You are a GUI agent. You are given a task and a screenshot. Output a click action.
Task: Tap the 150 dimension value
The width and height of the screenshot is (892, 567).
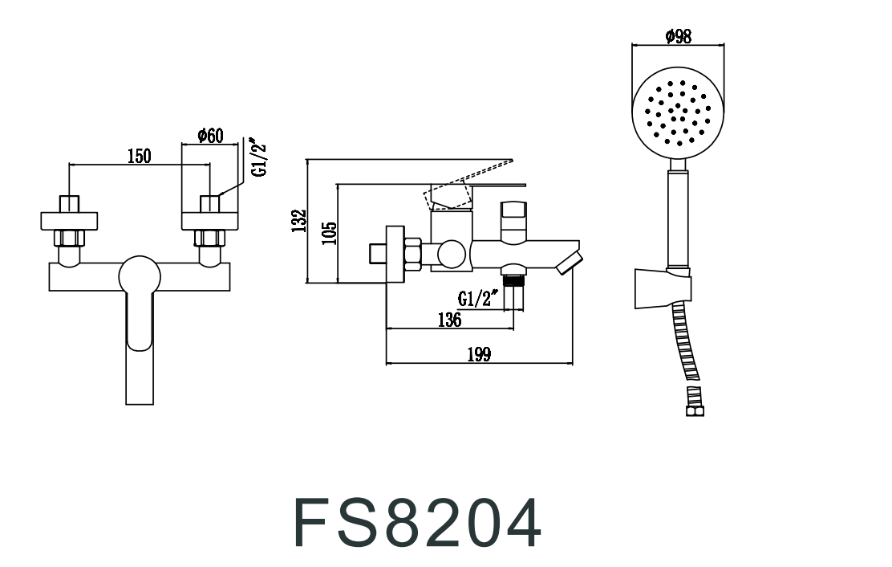coord(140,156)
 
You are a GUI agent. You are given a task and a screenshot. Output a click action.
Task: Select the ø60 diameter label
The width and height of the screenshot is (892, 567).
coord(210,136)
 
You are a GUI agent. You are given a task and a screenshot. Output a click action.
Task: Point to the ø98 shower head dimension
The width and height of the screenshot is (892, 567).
coord(679,36)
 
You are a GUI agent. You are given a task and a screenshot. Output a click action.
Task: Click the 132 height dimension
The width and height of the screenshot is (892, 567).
coord(299,221)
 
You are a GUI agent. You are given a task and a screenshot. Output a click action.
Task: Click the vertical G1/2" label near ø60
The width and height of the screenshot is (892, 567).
coord(257,161)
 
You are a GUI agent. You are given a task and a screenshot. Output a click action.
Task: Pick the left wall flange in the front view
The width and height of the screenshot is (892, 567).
coord(69,219)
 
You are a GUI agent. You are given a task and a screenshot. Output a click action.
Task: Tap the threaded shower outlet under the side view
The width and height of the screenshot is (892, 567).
coord(513,281)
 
